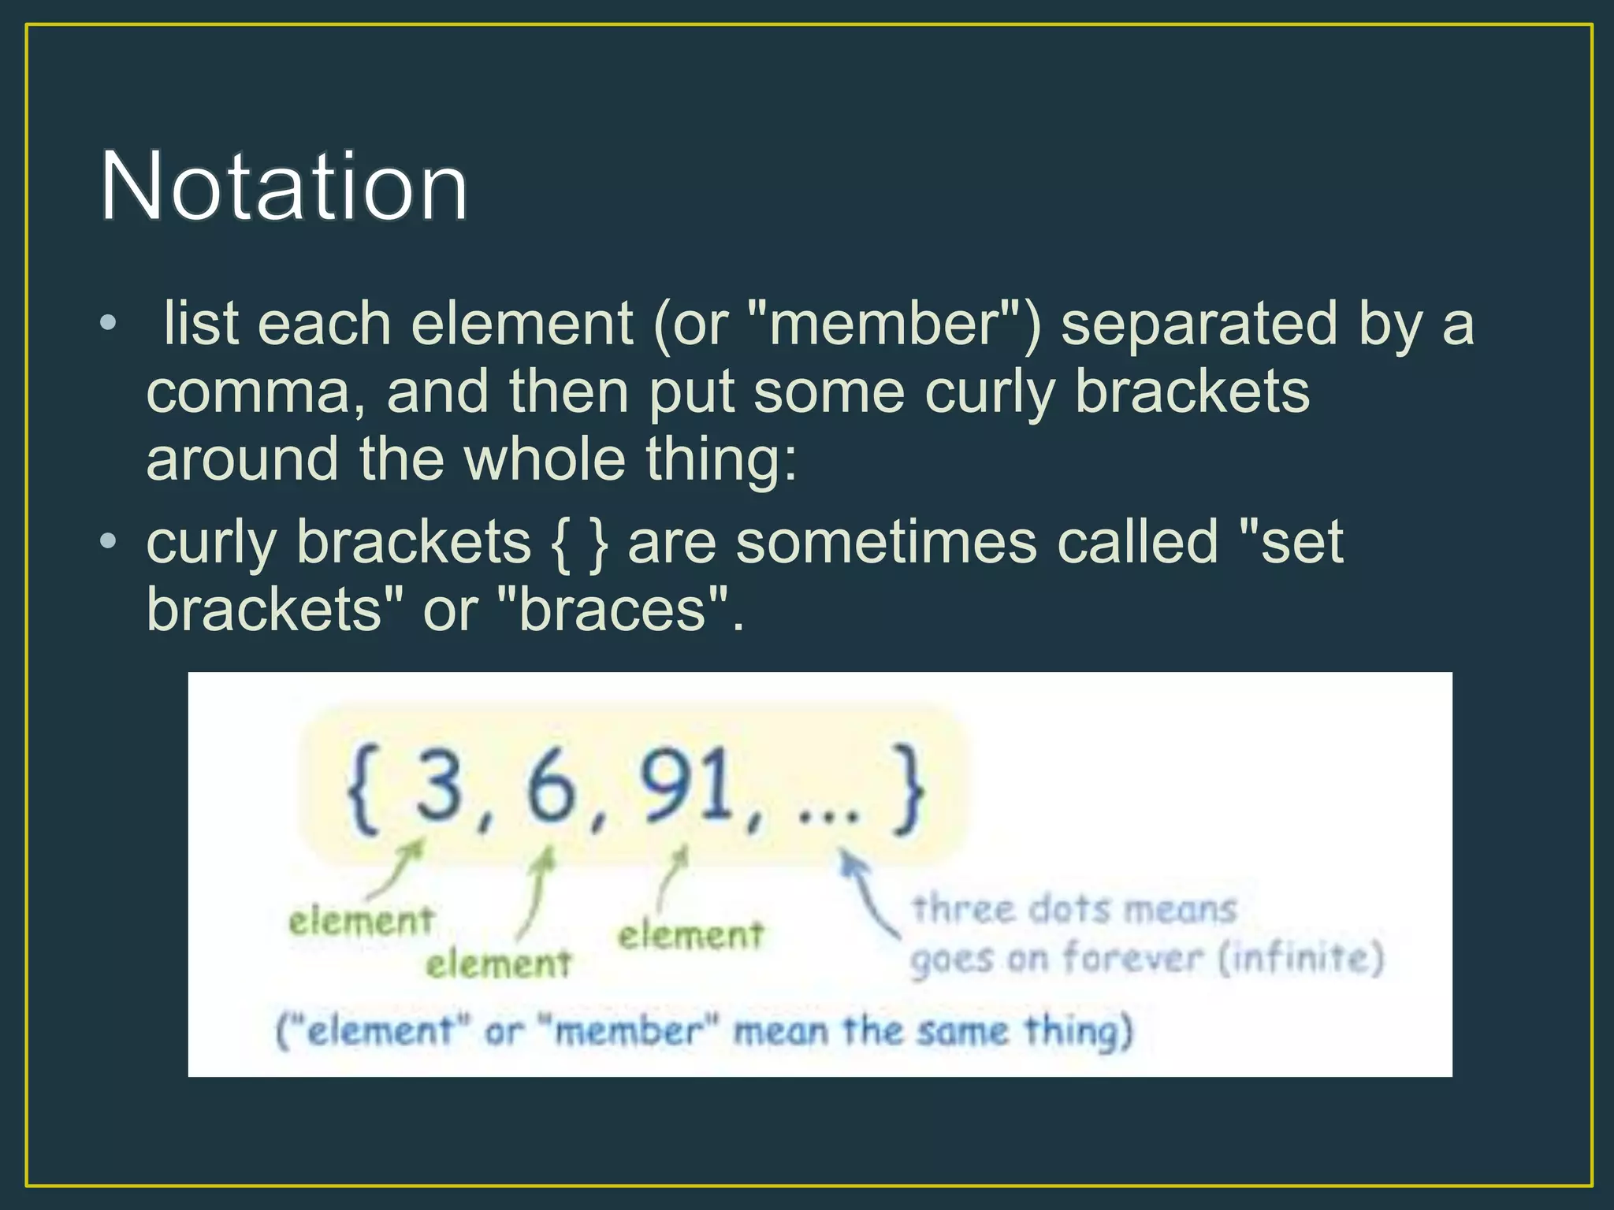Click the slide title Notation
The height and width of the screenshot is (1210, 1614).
click(284, 187)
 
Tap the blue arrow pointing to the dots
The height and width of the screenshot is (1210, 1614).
click(867, 894)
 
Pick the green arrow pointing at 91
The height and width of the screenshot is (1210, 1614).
click(672, 878)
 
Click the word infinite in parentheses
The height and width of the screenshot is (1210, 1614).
click(1301, 958)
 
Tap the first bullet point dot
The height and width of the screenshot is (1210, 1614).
click(109, 323)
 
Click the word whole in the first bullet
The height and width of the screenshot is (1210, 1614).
click(545, 459)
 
